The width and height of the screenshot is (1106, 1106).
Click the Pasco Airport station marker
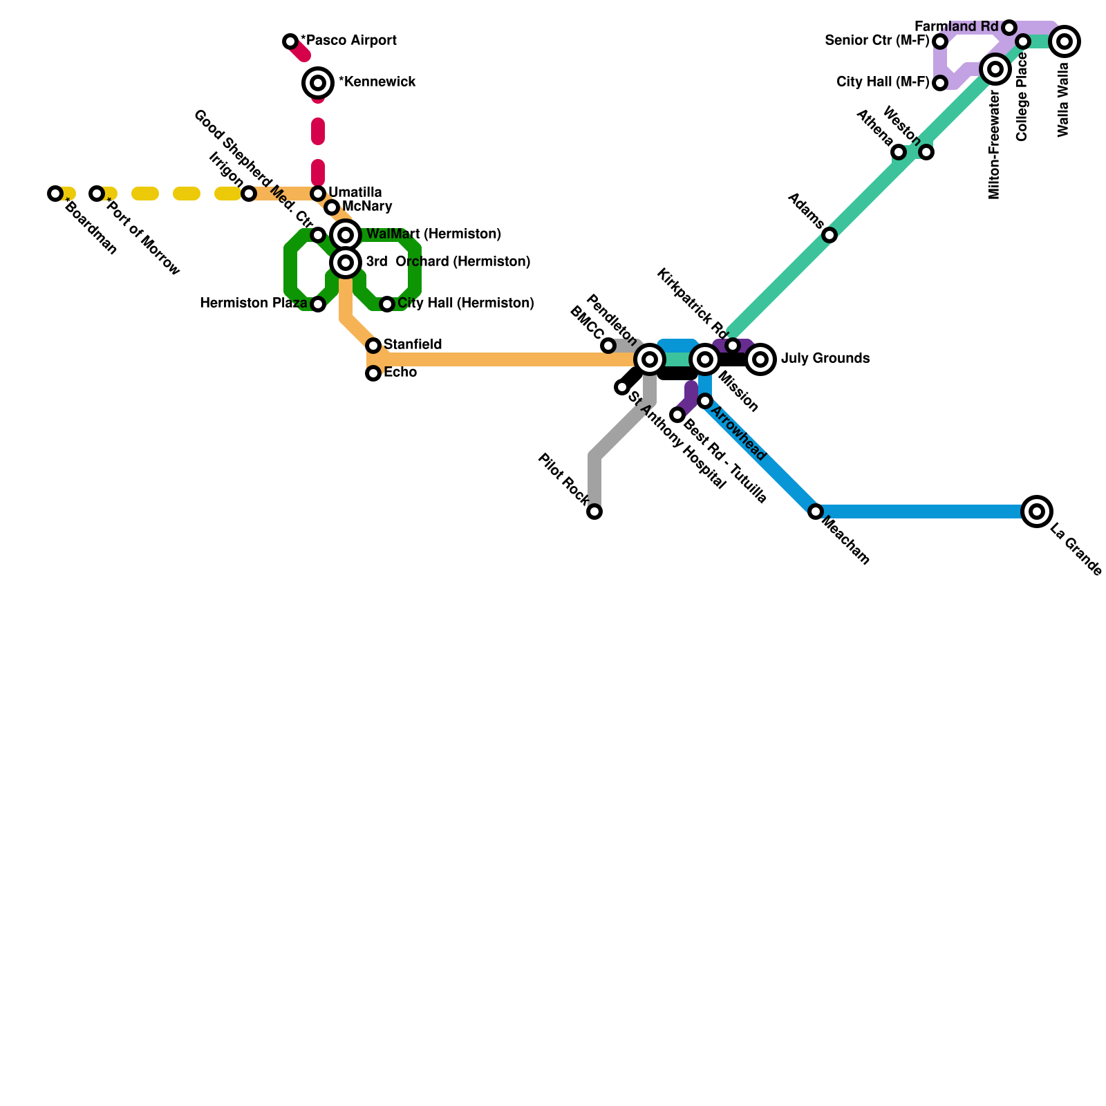pos(290,41)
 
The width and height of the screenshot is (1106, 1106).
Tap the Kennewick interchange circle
pos(318,83)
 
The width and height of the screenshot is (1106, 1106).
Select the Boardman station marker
pos(55,194)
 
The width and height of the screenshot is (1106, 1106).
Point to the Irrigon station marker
pos(249,194)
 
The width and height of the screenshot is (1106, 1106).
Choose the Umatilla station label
pos(355,192)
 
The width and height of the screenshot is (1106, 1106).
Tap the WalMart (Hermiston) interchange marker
pos(346,235)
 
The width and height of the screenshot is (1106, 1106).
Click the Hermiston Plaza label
pos(253,303)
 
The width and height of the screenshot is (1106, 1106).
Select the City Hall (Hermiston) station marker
pos(387,304)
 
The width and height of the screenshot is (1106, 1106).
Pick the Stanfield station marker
pos(373,346)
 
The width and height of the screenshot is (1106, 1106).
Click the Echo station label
pos(400,373)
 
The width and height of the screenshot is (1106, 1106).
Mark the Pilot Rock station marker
pos(594,512)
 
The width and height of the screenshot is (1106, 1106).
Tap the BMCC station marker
pos(608,346)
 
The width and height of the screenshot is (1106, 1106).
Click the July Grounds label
pos(825,359)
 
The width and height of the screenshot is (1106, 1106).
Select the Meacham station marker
pos(816,512)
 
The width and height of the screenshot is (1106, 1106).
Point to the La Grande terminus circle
pos(1037,512)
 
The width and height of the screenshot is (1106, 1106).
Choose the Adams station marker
pos(829,235)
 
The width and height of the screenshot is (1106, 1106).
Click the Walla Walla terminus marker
pos(1065,41)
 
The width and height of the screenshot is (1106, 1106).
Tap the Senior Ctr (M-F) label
pos(877,41)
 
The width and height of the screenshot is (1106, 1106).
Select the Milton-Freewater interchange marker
pos(995,69)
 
